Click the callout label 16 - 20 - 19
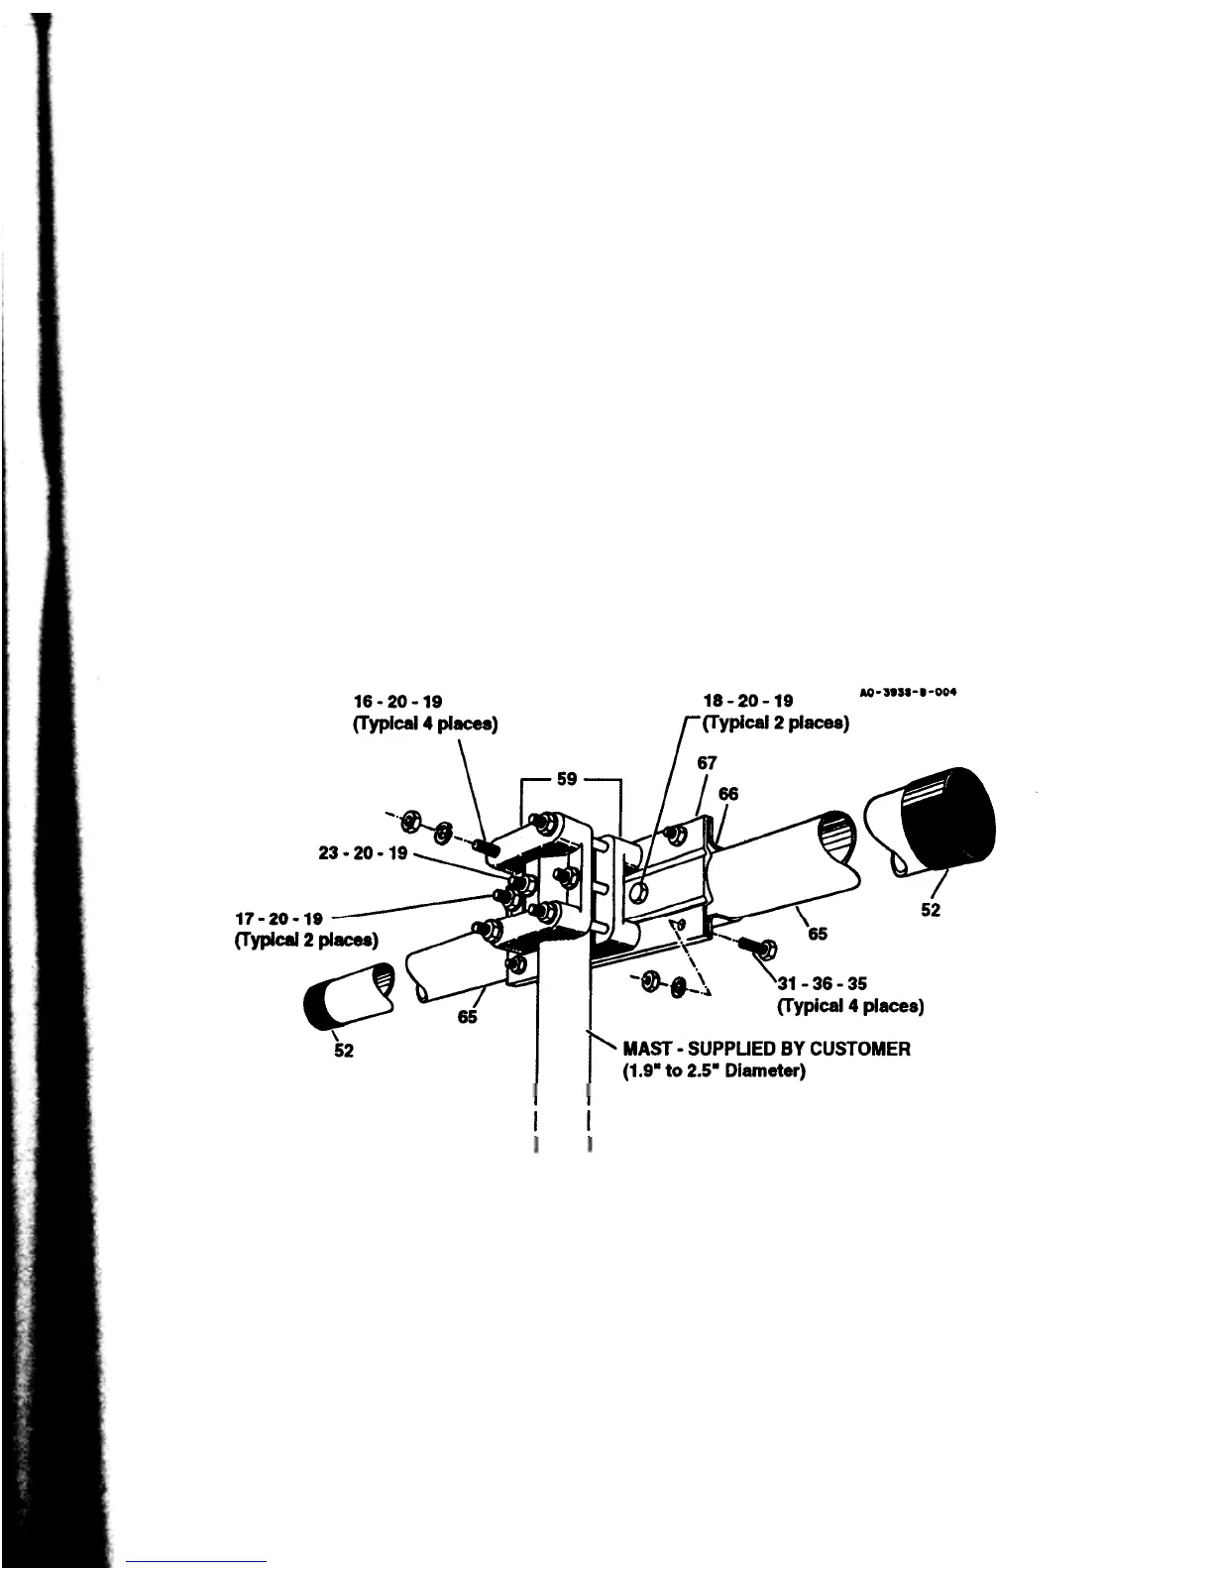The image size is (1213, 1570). point(397,701)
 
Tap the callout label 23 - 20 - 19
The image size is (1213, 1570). point(363,852)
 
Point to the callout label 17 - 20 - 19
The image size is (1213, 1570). point(278,919)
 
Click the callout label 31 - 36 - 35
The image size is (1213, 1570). point(822,984)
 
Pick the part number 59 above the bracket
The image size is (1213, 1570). point(567,778)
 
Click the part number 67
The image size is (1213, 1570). point(707,763)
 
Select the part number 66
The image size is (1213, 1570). point(728,793)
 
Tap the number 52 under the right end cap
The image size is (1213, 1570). point(931,910)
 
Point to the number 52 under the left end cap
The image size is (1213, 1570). point(343,1051)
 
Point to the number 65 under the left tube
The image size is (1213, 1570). point(468,1017)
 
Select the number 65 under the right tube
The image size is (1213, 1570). point(818,934)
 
